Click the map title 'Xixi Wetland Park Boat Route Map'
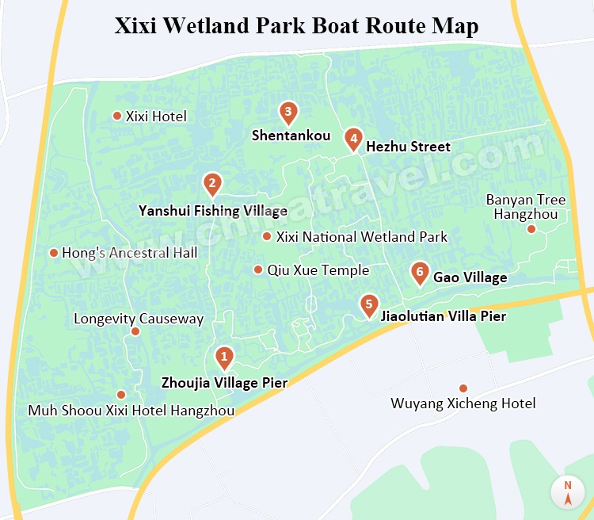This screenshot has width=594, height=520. [297, 25]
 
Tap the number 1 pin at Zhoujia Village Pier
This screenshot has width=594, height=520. [224, 357]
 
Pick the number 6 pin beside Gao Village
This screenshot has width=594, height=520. [420, 272]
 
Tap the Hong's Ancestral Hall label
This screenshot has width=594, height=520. [129, 253]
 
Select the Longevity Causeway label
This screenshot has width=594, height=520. [139, 319]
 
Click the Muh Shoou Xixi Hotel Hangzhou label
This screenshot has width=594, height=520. [131, 411]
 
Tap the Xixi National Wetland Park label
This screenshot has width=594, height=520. [361, 236]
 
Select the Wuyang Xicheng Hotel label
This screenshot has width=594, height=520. [463, 403]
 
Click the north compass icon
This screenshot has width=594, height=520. [568, 493]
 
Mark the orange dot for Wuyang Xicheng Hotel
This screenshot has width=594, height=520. [463, 388]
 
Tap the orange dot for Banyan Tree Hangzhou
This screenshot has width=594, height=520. [531, 229]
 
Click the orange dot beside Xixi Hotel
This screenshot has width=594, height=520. [117, 116]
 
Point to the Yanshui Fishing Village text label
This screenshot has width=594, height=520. [212, 211]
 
